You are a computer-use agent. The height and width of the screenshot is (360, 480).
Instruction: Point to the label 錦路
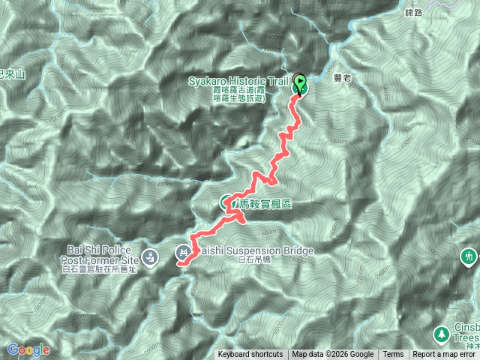(x=414, y=12)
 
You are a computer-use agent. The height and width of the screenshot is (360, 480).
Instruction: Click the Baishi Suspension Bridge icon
(x=184, y=251)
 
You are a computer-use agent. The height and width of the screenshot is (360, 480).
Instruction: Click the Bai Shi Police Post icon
(x=150, y=256)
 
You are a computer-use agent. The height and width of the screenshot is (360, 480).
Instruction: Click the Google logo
(x=28, y=349)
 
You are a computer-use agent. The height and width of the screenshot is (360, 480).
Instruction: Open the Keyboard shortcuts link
(x=250, y=355)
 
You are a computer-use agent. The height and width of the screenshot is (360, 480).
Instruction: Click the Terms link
(x=393, y=355)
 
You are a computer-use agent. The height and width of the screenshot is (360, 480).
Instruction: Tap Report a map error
(x=445, y=355)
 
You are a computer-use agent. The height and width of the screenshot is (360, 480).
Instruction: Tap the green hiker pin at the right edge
(x=469, y=257)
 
